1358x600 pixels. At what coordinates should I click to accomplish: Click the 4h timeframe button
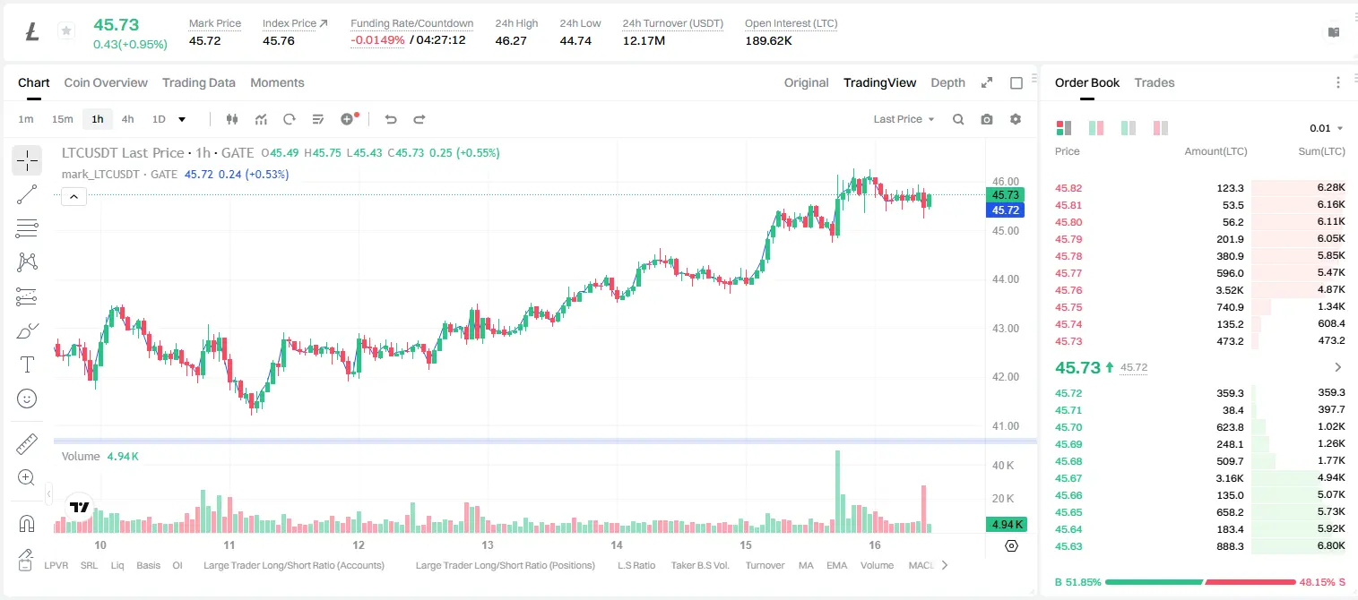click(127, 119)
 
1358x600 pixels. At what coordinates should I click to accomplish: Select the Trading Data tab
click(198, 82)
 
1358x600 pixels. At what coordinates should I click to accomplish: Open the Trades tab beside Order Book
click(1154, 82)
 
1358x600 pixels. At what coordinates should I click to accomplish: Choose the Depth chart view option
click(947, 82)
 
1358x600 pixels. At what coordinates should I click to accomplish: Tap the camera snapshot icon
click(986, 119)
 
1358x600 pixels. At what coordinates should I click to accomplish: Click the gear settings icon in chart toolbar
click(1016, 119)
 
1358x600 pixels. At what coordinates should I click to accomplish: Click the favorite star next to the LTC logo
click(66, 30)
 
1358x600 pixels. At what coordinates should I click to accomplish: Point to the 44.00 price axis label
click(1005, 279)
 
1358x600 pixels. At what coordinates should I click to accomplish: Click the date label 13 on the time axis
click(488, 544)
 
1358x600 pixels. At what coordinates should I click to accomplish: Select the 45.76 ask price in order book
click(1068, 290)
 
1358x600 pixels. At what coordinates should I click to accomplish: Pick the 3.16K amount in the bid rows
click(1230, 478)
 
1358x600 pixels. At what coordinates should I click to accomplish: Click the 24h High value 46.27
click(511, 40)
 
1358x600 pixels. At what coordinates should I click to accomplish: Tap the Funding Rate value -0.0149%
click(377, 40)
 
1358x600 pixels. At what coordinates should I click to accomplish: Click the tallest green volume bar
click(837, 492)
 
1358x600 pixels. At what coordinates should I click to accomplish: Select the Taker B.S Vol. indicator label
click(699, 565)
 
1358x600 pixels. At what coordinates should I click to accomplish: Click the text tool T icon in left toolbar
click(27, 364)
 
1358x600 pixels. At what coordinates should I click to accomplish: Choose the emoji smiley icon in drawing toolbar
click(27, 399)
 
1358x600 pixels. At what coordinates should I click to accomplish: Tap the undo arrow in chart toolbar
click(391, 119)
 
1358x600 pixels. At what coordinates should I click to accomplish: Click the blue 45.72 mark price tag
click(1005, 210)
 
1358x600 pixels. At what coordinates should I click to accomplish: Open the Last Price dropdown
click(904, 119)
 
